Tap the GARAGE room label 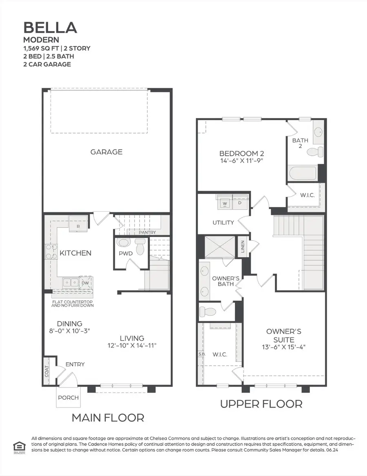(106, 152)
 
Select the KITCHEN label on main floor (75, 253)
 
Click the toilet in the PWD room (140, 247)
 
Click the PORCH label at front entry (68, 397)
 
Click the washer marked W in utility (224, 203)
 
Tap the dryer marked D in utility (239, 203)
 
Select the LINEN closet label (243, 247)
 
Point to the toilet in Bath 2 (314, 152)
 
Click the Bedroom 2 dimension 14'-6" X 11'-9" (241, 161)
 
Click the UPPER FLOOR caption (261, 404)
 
